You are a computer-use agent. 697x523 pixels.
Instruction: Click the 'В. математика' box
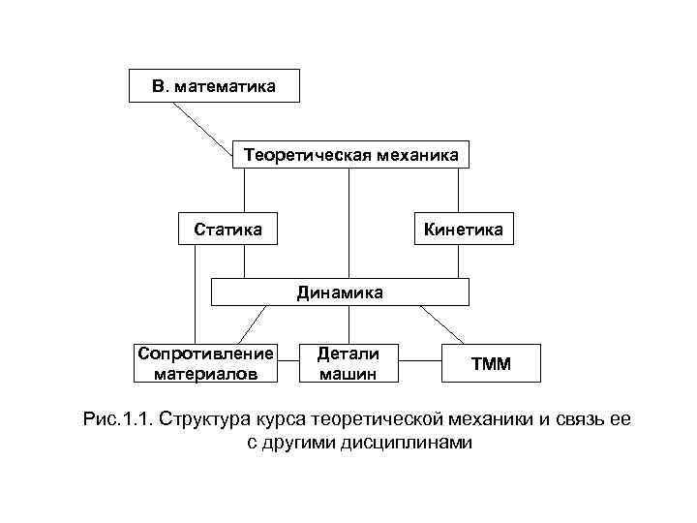214,87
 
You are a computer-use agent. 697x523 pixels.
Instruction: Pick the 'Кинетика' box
463,230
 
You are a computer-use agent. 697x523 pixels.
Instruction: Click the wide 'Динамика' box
340,292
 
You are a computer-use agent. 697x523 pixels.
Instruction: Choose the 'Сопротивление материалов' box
205,361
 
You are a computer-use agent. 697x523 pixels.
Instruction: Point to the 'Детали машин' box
348,362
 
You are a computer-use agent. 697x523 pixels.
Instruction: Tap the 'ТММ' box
492,364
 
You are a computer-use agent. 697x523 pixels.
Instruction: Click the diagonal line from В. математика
202,122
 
